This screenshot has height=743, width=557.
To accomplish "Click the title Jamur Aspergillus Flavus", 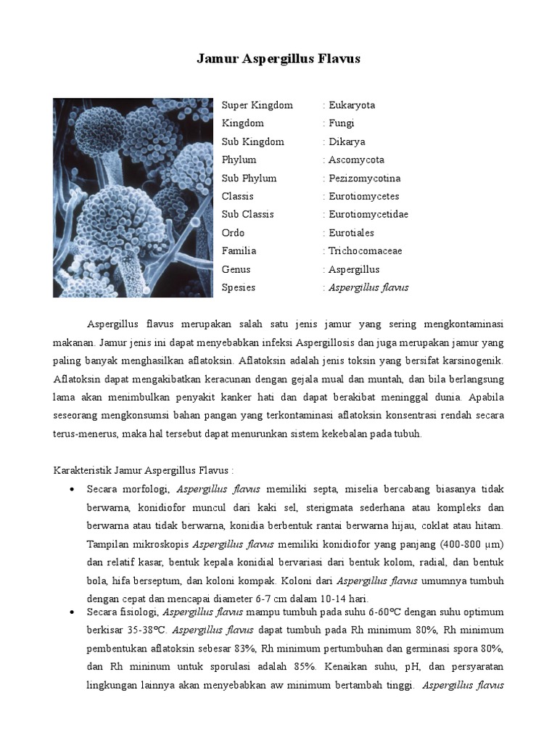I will click(278, 59).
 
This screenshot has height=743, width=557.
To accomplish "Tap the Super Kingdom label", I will click(257, 105).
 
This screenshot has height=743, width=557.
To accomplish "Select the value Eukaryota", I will click(352, 105).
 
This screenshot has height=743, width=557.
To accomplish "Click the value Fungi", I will click(342, 123).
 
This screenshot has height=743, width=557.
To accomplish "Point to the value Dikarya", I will click(347, 141).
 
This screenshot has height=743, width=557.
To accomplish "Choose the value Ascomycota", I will click(356, 160).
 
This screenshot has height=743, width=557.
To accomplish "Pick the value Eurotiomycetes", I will click(363, 196).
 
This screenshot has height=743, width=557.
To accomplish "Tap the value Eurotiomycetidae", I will click(368, 215).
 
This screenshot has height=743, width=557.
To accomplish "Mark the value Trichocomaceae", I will click(365, 251).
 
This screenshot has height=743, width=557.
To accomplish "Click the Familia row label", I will click(239, 251).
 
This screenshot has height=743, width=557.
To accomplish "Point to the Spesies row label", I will click(239, 287).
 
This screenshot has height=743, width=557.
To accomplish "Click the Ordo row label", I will click(234, 233).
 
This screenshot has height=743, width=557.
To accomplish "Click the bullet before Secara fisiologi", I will click(72, 613).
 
